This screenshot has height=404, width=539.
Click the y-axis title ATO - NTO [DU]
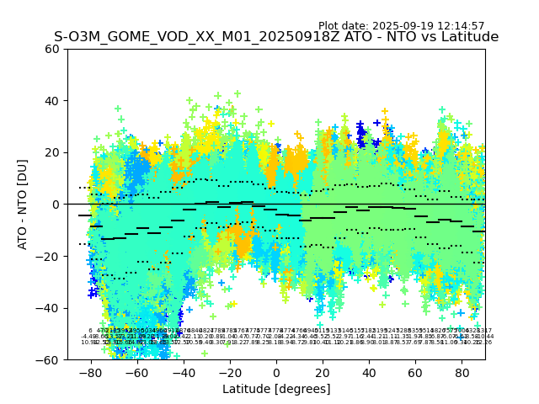(x=24, y=205)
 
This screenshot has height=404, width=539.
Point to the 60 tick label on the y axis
(x=52, y=49)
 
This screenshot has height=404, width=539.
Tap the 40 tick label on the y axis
(x=52, y=101)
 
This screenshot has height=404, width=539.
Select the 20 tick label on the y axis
(x=52, y=152)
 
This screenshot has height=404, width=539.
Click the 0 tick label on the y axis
(x=56, y=205)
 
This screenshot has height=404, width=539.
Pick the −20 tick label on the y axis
(x=49, y=256)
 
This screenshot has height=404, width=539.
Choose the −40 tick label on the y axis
(x=49, y=308)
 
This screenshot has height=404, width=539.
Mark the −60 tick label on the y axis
(x=49, y=359)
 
